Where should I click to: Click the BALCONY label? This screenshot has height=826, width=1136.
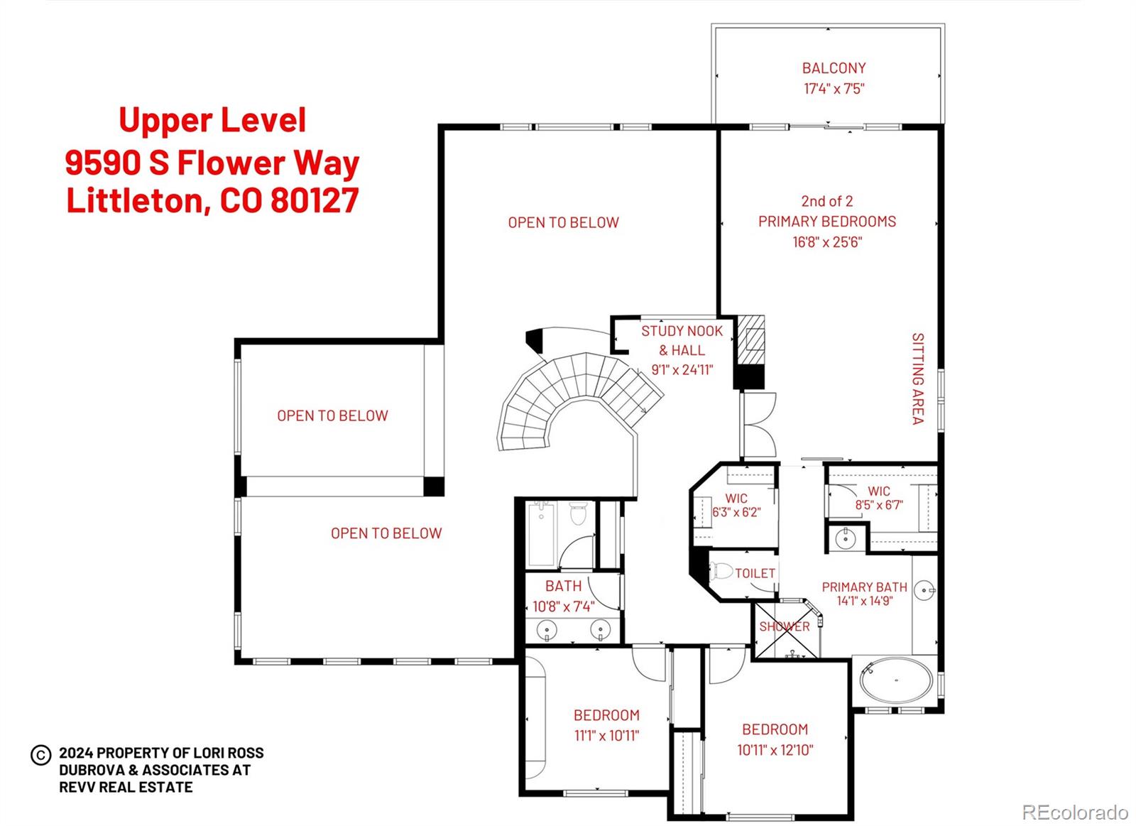[x=834, y=68]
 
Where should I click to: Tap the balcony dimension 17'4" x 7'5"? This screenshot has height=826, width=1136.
[x=834, y=89]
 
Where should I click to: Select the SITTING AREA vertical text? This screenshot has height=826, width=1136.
[x=917, y=379]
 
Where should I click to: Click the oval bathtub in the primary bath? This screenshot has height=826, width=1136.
[x=896, y=680]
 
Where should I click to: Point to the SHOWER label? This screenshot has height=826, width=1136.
[x=784, y=626]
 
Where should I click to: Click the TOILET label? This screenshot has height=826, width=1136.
[x=755, y=572]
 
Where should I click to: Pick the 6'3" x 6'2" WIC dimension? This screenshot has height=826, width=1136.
[x=736, y=512]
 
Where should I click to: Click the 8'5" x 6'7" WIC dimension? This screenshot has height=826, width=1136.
[x=878, y=505]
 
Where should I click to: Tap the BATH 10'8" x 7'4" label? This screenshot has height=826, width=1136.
[x=563, y=597]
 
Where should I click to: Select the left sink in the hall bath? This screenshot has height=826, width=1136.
[x=547, y=629]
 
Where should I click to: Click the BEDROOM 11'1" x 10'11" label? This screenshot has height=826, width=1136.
[x=606, y=725]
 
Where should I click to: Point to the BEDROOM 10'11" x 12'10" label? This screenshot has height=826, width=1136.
[x=775, y=739]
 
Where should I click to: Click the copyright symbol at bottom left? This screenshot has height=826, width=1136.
[x=40, y=754]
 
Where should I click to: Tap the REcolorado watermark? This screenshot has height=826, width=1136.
[x=1074, y=812]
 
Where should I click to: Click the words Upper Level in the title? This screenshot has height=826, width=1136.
[x=212, y=120]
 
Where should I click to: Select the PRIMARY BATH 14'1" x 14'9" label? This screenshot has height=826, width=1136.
[x=864, y=594]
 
